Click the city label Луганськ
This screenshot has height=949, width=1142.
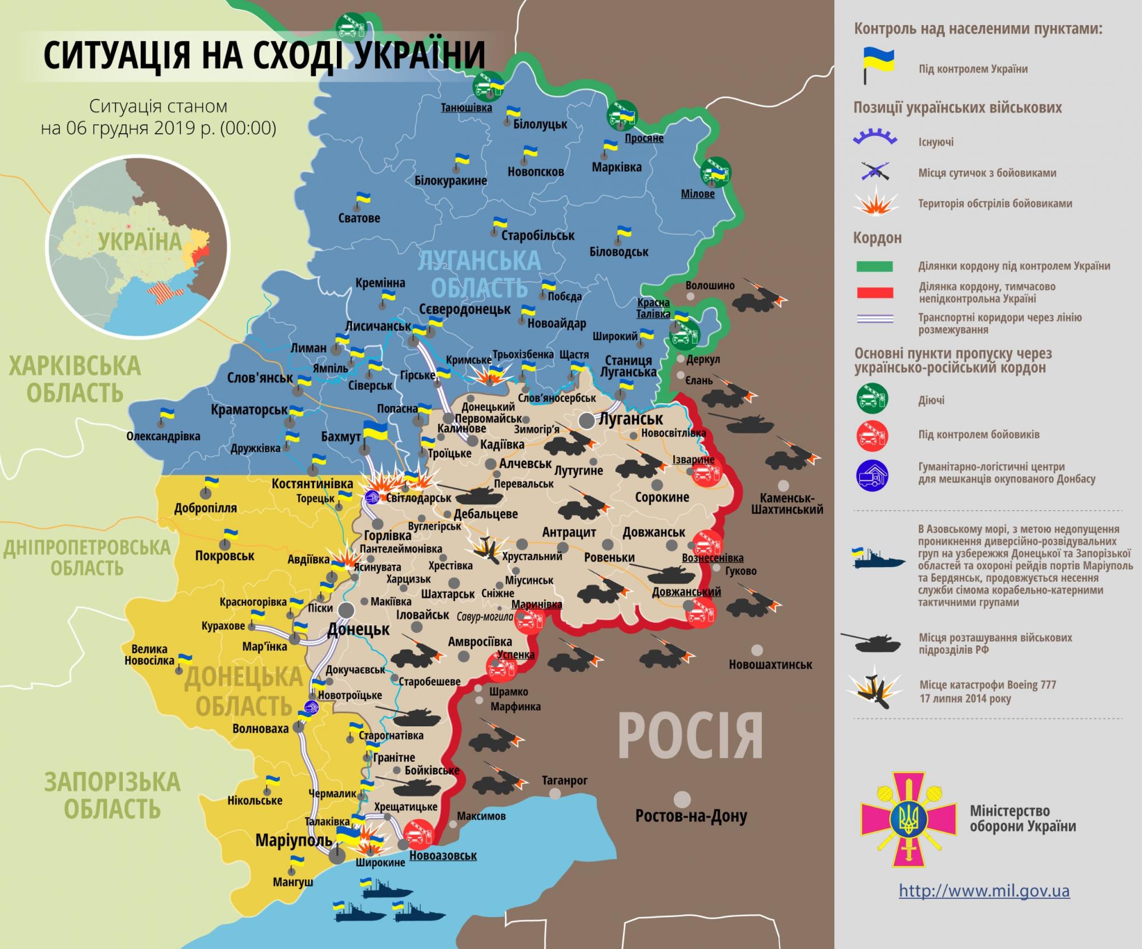pos(630,419)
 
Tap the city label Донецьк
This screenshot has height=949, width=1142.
pos(358,630)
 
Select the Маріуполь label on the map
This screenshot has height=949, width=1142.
pos(293,840)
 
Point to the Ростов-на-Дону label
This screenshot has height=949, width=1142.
pos(691,817)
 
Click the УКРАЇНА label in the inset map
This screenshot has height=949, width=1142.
pos(139,242)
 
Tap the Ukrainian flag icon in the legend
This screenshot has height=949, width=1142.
pos(877,66)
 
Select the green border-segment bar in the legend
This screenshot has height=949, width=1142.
pos(874,266)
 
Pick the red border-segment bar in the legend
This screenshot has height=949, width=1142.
pos(874,293)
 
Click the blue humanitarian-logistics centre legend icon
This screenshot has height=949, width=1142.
pos(872,475)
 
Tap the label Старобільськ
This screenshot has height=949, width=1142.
pos(537,235)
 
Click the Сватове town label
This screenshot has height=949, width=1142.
pos(359,218)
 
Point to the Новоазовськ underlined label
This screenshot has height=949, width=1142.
pos(443,855)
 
